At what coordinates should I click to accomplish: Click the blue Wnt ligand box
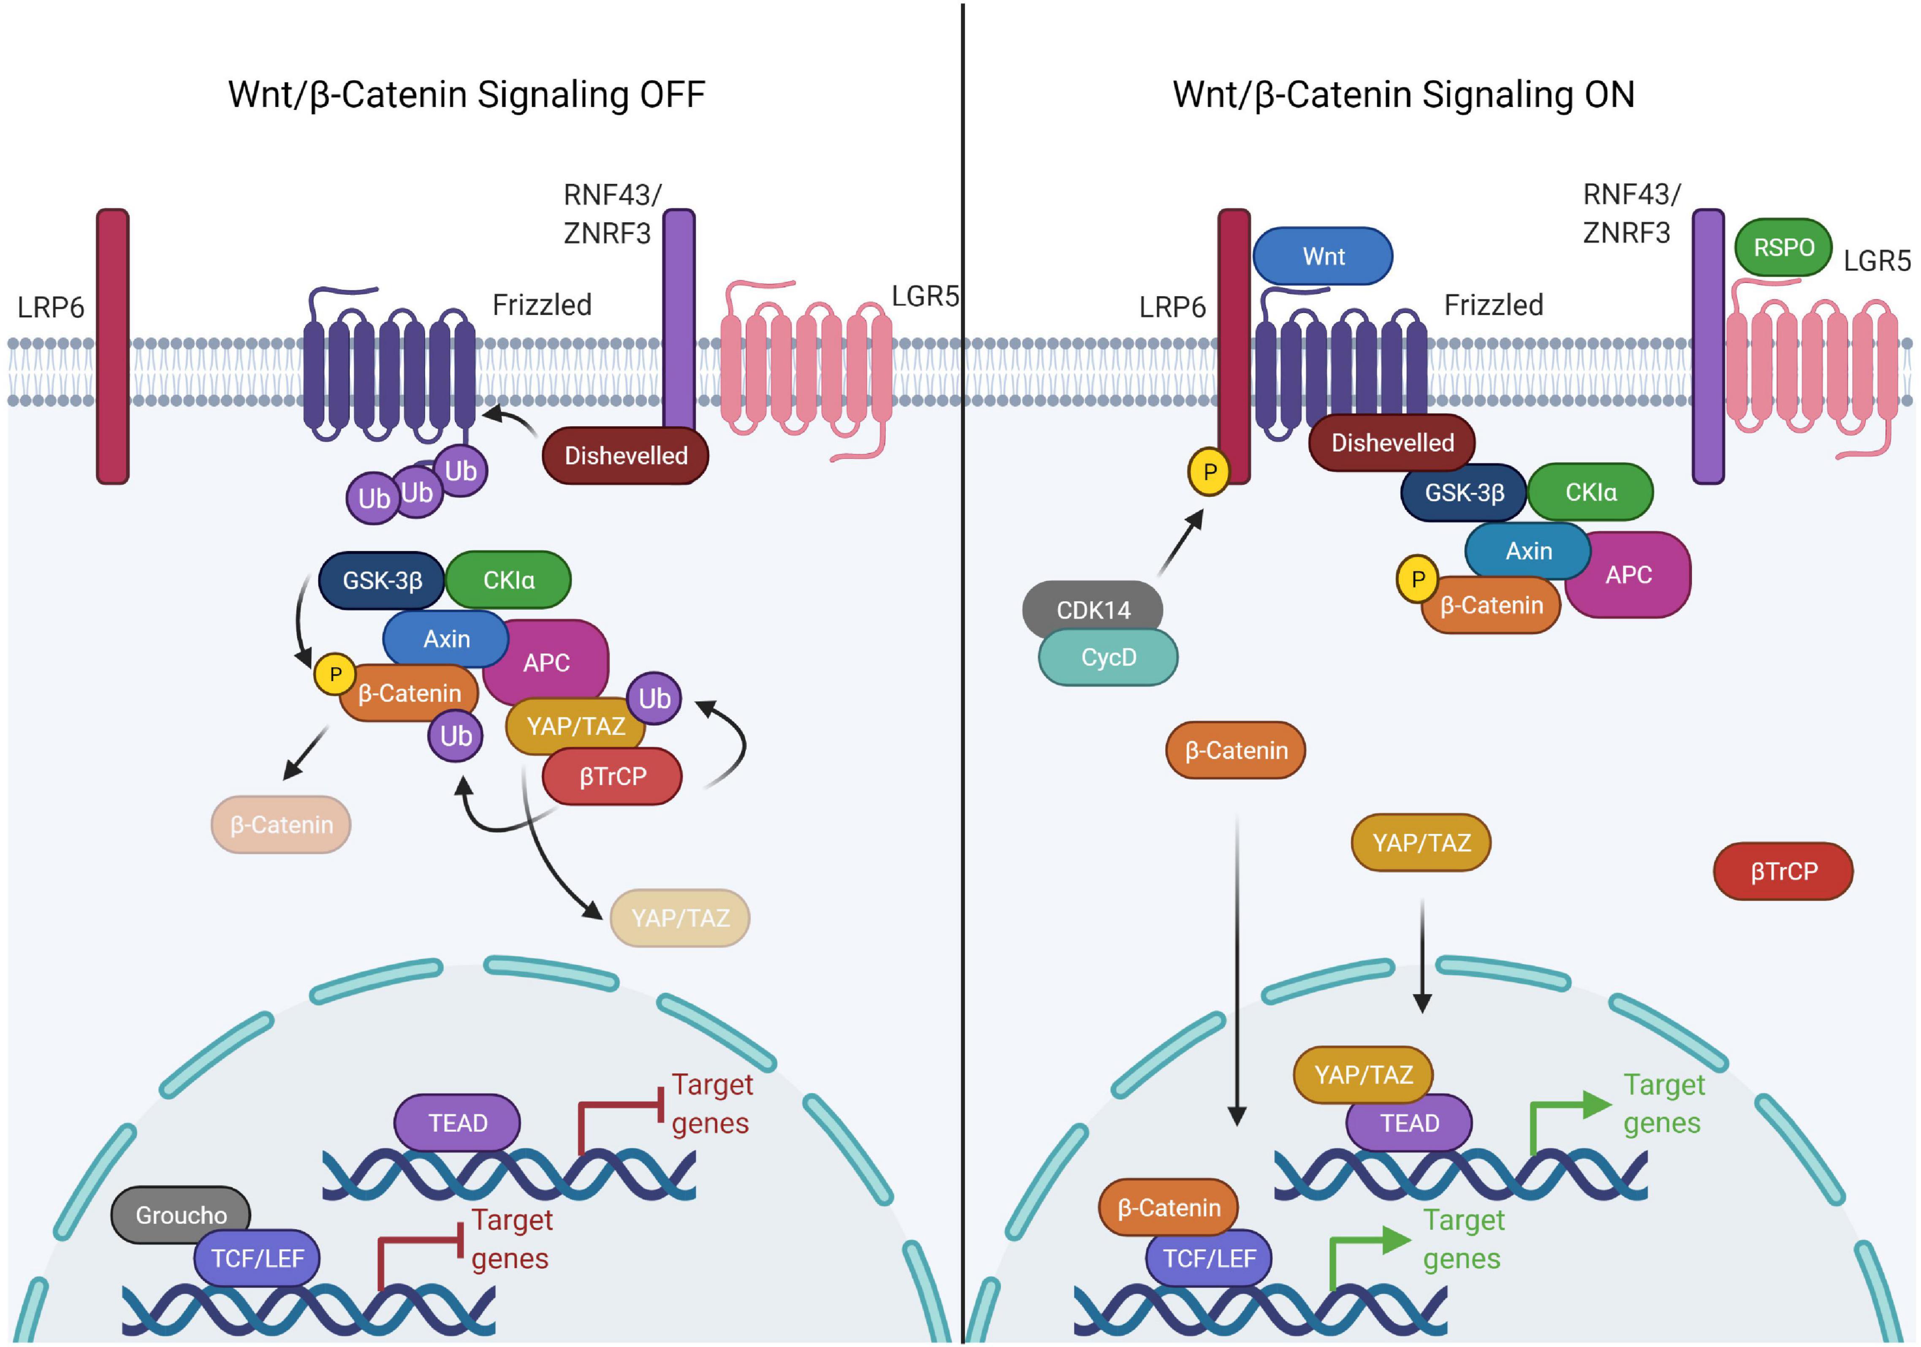[1323, 256]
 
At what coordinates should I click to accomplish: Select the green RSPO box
[1783, 248]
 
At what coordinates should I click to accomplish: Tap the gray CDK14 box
[1093, 610]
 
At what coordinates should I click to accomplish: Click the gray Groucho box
[181, 1215]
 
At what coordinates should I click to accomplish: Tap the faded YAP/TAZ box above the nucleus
[680, 918]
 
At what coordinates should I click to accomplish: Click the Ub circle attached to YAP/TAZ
[654, 698]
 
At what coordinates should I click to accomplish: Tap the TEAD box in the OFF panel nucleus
[458, 1123]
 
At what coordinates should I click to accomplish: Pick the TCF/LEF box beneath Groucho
[257, 1258]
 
